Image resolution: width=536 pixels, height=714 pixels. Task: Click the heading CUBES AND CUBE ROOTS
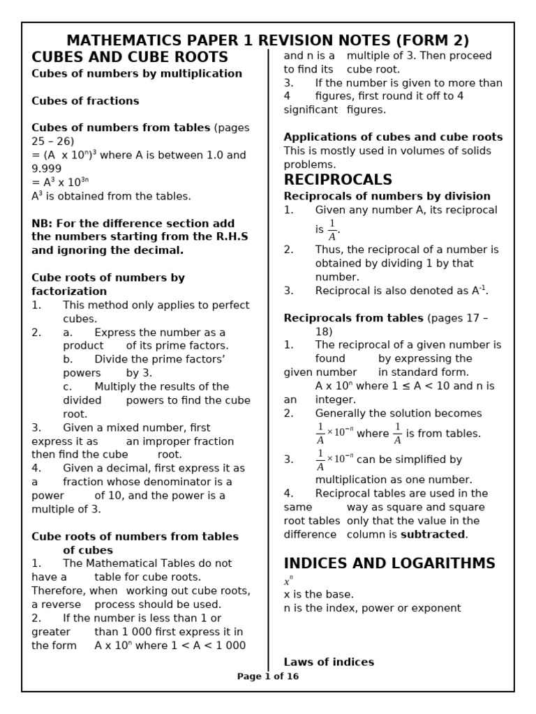130,57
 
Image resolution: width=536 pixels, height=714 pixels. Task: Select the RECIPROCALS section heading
338,180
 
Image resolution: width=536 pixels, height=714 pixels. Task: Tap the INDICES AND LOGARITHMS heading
389,563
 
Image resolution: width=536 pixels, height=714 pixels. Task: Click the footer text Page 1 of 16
268,676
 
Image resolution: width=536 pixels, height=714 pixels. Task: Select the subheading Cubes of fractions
85,101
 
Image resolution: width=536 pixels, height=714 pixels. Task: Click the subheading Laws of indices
329,662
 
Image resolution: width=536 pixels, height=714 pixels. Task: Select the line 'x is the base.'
318,595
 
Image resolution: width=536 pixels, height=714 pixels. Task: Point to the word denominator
198,482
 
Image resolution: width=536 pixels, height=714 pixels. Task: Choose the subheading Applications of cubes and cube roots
393,137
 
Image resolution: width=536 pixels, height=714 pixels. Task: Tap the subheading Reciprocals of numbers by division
387,196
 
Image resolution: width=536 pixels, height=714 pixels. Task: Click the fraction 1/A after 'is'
332,229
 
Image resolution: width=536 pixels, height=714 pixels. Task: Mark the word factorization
69,291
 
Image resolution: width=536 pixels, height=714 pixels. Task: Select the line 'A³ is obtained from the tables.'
111,197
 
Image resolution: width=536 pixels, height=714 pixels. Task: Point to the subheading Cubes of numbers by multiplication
137,74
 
